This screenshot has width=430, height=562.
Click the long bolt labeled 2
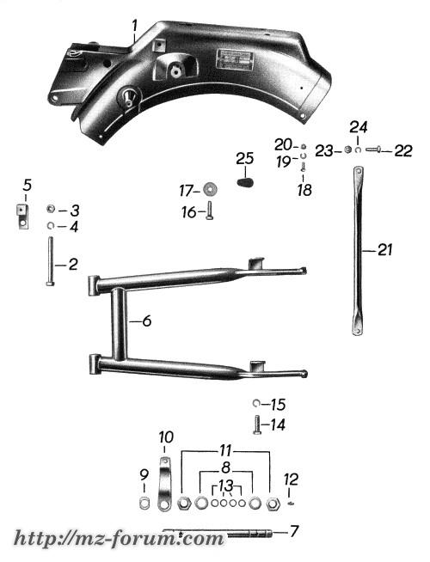click(x=50, y=261)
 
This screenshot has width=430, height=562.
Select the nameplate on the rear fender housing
click(x=235, y=59)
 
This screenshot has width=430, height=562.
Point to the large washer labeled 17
click(x=210, y=190)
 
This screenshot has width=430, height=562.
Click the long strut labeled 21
click(x=358, y=251)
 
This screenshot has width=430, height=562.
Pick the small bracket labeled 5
click(x=22, y=216)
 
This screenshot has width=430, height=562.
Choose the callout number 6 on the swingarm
click(x=147, y=321)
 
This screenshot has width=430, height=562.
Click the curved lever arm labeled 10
click(x=164, y=483)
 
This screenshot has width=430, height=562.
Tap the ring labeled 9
click(x=144, y=504)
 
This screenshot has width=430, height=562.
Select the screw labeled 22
click(x=374, y=150)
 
